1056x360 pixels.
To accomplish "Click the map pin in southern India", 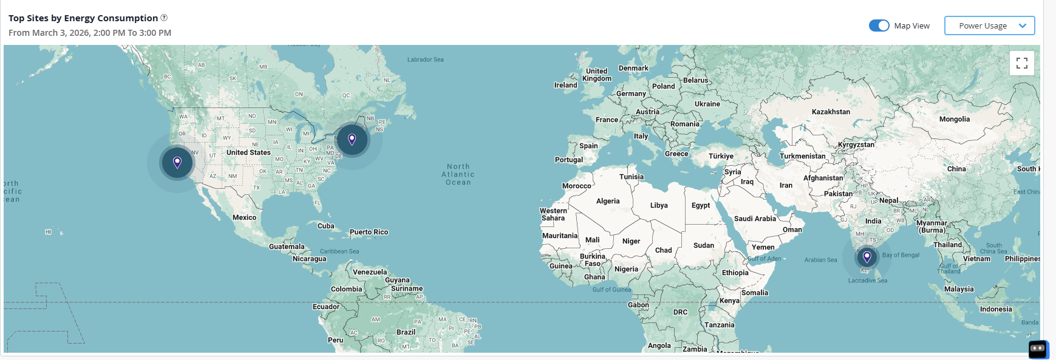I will (867, 257).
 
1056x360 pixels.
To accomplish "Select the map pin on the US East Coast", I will (352, 140).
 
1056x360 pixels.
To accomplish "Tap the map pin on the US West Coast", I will (177, 162).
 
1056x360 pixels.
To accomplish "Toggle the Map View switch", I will (879, 25).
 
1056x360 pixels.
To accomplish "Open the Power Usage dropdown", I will (989, 25).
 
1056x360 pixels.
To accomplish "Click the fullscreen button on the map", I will (1021, 63).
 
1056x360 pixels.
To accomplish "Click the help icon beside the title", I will (164, 18).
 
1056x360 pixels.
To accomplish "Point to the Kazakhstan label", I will (831, 112).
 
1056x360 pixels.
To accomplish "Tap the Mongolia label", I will (954, 119).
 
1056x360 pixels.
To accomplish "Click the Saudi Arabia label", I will (755, 219).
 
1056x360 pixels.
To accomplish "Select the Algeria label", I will (608, 201).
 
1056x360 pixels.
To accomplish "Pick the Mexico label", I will (244, 217).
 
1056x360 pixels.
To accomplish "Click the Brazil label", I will (406, 332).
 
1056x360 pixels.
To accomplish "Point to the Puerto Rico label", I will (369, 232).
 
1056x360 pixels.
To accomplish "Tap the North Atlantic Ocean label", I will (458, 174).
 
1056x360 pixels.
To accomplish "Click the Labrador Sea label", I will (425, 59).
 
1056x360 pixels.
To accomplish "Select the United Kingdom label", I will (597, 75).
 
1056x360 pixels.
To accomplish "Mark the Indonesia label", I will (996, 309).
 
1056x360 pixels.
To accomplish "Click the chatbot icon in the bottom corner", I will (1037, 348).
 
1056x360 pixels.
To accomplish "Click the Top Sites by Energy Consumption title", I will (83, 18).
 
